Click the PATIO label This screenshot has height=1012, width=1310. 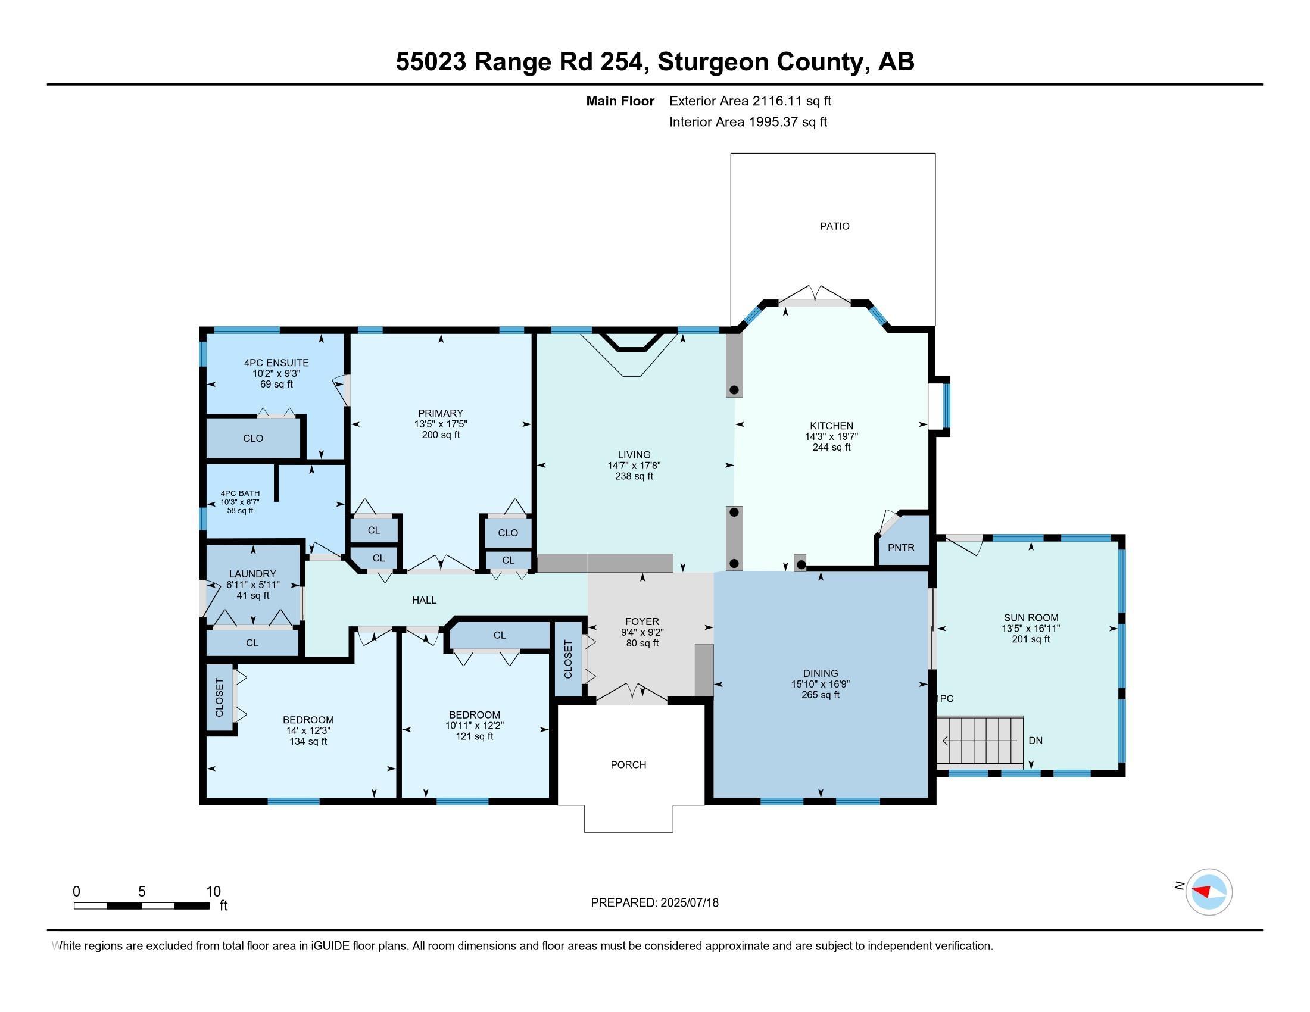click(834, 226)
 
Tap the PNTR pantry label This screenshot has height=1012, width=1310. click(901, 547)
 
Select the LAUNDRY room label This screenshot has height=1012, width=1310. click(252, 574)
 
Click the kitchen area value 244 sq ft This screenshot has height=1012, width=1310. click(831, 447)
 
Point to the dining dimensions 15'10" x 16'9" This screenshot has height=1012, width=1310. click(821, 684)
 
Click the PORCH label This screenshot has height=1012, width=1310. click(629, 764)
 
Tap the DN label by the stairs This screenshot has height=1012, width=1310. click(1035, 741)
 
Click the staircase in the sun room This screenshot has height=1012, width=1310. click(980, 741)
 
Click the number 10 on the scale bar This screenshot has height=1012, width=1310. click(214, 892)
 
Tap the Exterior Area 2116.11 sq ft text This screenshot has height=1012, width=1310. click(750, 101)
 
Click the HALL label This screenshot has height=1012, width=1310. click(424, 600)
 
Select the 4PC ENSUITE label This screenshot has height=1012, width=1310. click(276, 363)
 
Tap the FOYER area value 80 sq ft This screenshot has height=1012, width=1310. click(642, 644)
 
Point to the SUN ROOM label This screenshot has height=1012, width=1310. click(1031, 617)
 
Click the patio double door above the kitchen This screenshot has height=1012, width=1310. click(815, 296)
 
